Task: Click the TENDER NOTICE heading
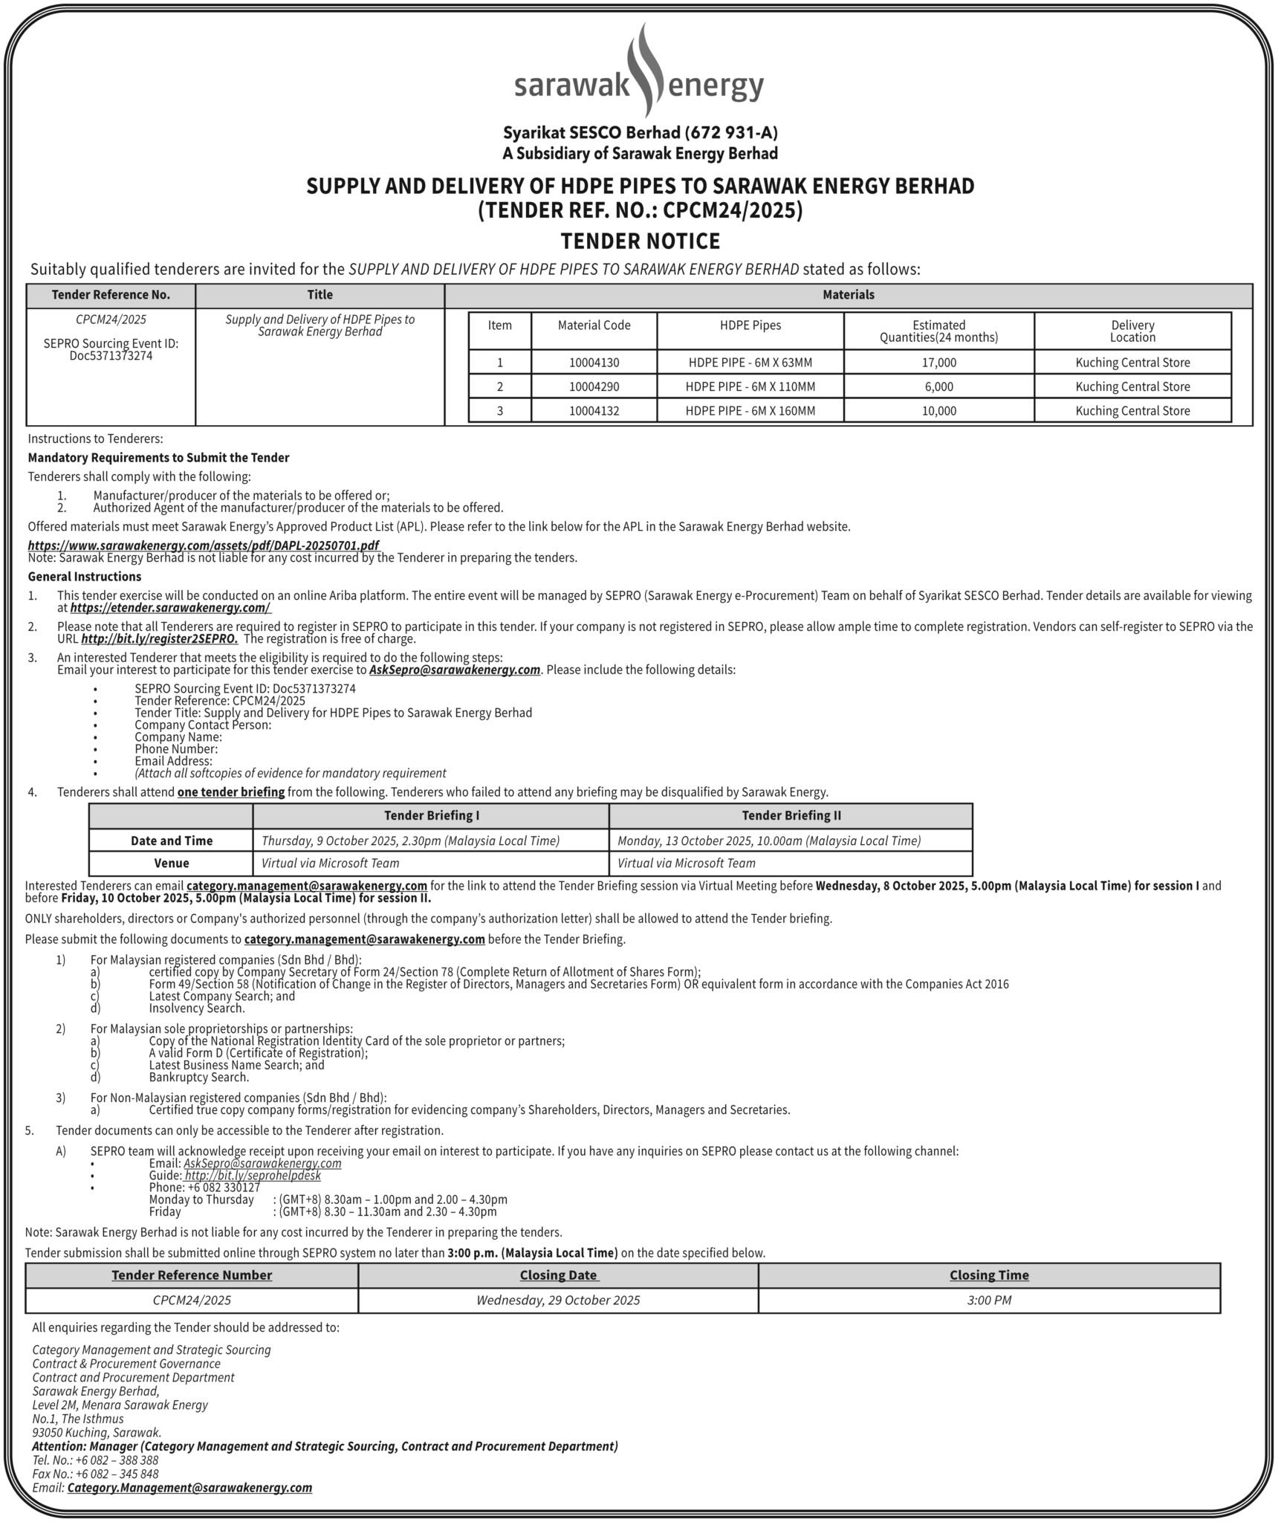(641, 242)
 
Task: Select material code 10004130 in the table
(594, 363)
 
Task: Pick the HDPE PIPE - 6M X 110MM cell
(750, 386)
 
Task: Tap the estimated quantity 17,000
(938, 363)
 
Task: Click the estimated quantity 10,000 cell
(938, 410)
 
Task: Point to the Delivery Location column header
(1132, 331)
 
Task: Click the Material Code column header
(594, 326)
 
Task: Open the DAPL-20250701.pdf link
(203, 545)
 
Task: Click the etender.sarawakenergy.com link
(170, 607)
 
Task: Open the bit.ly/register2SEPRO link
(160, 638)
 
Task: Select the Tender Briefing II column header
(791, 815)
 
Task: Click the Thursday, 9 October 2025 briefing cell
(410, 841)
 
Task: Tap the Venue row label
(171, 863)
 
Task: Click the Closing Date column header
(558, 1275)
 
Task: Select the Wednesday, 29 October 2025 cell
(558, 1300)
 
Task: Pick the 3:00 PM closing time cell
(988, 1300)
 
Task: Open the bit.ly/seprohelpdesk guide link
(253, 1176)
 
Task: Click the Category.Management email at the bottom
(189, 1488)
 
